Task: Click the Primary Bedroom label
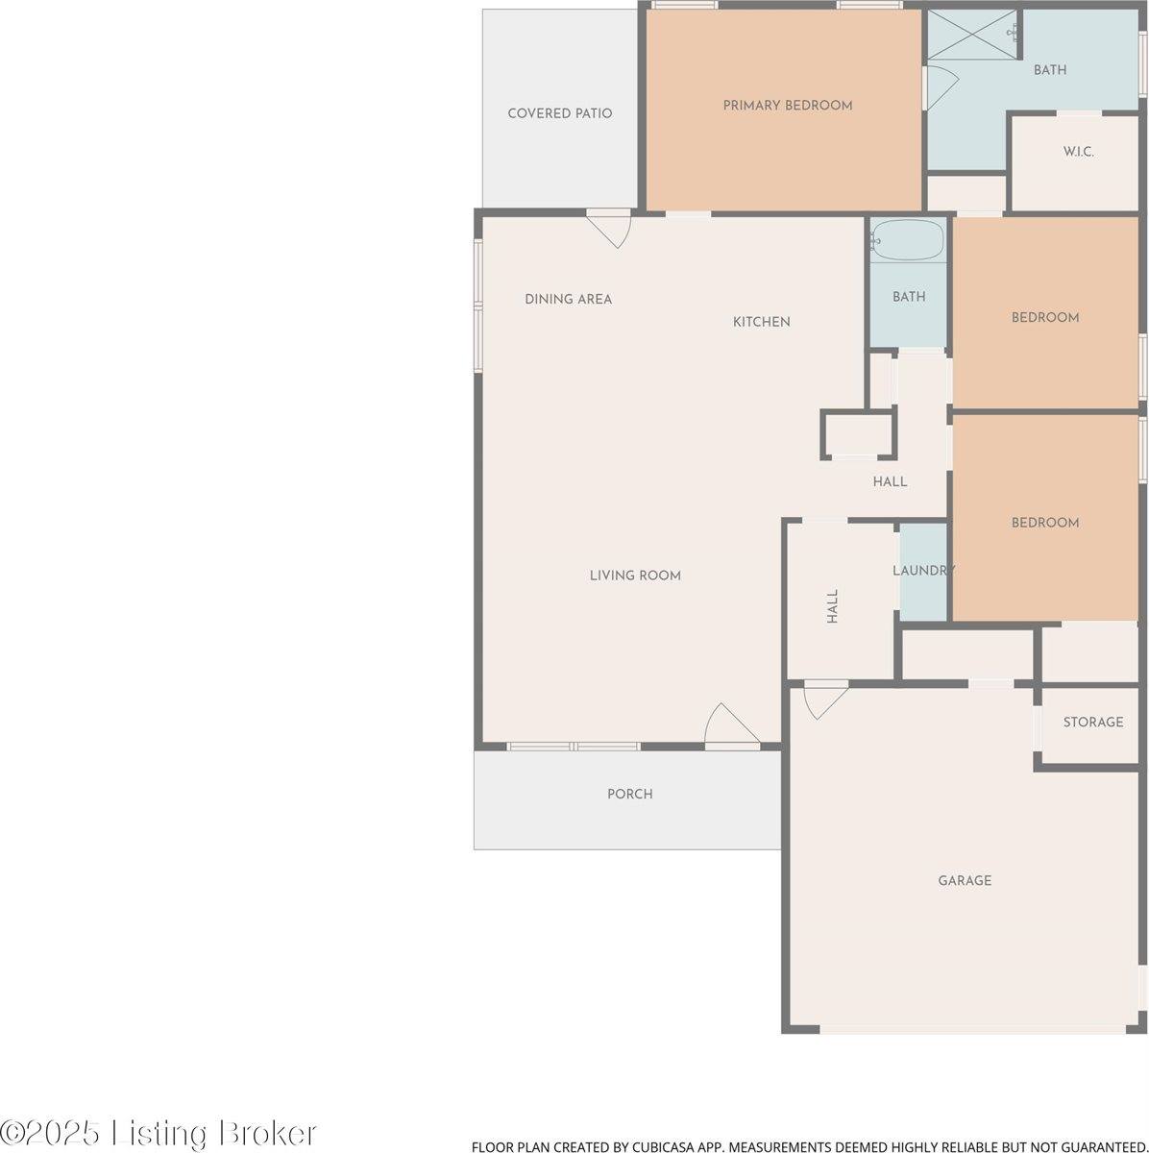pyautogui.click(x=788, y=106)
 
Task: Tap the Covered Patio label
pyautogui.click(x=559, y=113)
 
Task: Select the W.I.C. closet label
pyautogui.click(x=1078, y=152)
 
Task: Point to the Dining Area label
pyautogui.click(x=568, y=299)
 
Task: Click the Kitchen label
pyautogui.click(x=761, y=322)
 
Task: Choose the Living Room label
pyautogui.click(x=635, y=576)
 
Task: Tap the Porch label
pyautogui.click(x=629, y=794)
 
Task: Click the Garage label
pyautogui.click(x=965, y=880)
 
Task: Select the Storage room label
pyautogui.click(x=1092, y=722)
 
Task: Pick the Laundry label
pyautogui.click(x=923, y=571)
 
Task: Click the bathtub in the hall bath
pyautogui.click(x=909, y=240)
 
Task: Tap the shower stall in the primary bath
pyautogui.click(x=972, y=35)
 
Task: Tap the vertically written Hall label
pyautogui.click(x=833, y=606)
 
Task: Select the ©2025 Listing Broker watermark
pyautogui.click(x=159, y=1133)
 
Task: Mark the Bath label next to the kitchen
pyautogui.click(x=909, y=297)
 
